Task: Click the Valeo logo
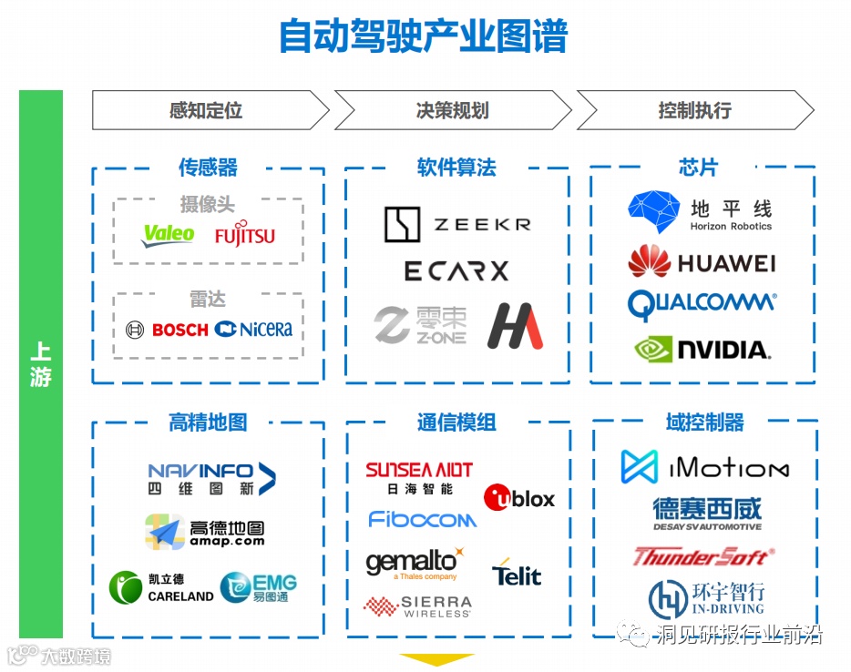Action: click(169, 235)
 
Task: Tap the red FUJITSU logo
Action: click(244, 236)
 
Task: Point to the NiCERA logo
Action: click(254, 330)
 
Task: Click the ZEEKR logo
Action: click(456, 224)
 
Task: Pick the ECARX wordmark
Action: click(456, 271)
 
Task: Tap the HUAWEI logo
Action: click(701, 262)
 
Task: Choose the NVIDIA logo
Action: click(702, 348)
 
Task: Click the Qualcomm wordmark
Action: click(702, 304)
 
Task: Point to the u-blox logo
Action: click(518, 498)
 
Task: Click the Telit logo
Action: click(517, 574)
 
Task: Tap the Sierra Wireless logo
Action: click(418, 606)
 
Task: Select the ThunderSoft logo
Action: click(702, 556)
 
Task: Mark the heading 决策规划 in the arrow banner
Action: click(452, 111)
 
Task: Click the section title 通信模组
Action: click(456, 423)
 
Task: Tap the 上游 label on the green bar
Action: click(41, 364)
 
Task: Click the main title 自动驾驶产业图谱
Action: click(423, 36)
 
